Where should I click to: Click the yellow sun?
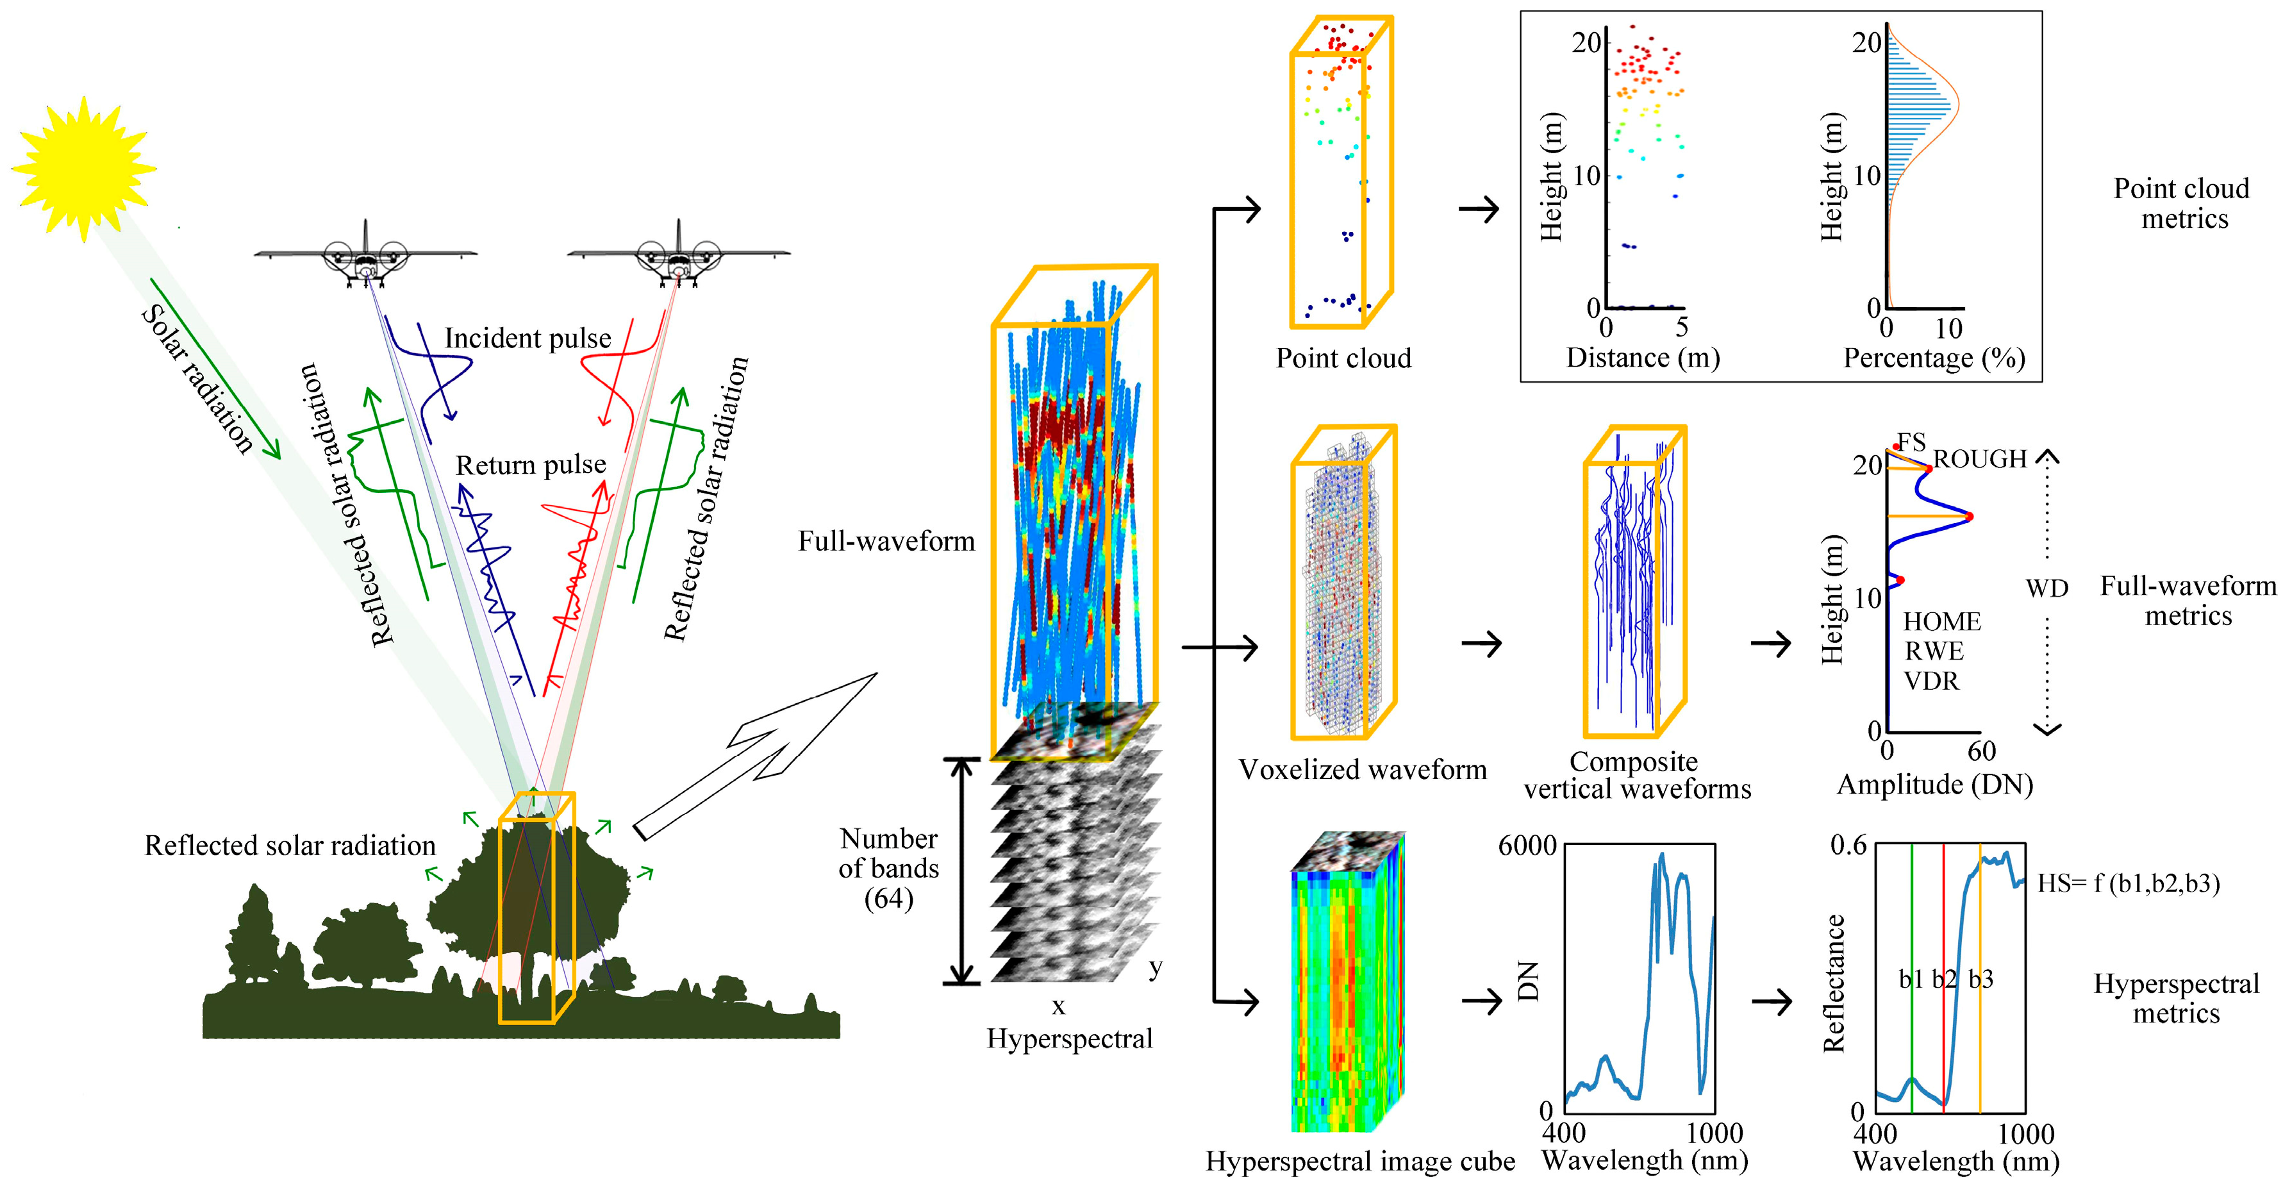[x=83, y=169]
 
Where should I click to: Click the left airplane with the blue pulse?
[x=365, y=256]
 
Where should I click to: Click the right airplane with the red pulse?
[x=679, y=256]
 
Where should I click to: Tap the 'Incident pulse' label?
[x=527, y=338]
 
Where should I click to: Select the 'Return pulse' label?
[x=530, y=465]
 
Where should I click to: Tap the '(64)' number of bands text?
[x=888, y=899]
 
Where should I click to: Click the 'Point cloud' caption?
[x=1343, y=358]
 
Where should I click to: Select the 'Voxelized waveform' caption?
[x=1362, y=769]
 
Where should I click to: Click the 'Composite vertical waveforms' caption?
[x=1637, y=776]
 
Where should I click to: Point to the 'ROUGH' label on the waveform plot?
[x=1979, y=459]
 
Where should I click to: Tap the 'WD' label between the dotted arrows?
[x=2046, y=588]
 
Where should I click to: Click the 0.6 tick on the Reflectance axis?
[x=1848, y=846]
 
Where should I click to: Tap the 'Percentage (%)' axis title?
[x=1934, y=358]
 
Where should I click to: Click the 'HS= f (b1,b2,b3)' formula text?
[x=2128, y=883]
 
